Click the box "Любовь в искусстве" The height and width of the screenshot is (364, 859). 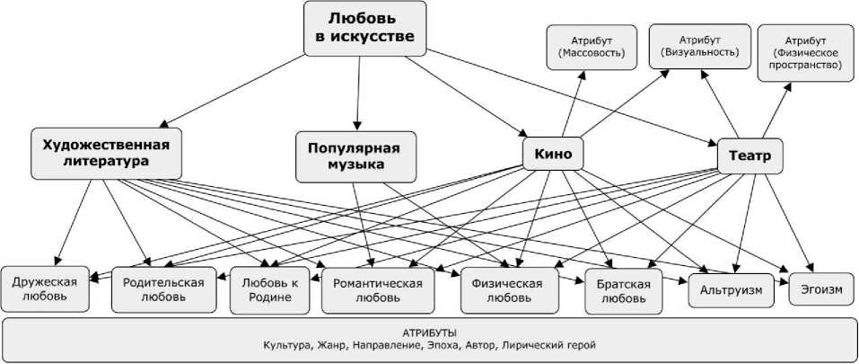(x=364, y=27)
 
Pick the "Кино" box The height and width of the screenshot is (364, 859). (x=553, y=153)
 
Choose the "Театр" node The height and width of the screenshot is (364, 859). (x=750, y=156)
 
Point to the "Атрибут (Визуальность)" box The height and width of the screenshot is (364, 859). (x=698, y=47)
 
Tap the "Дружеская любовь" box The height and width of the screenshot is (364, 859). (x=45, y=288)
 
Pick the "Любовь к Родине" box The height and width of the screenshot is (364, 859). (x=267, y=289)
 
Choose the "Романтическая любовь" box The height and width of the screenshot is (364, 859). (x=378, y=289)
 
